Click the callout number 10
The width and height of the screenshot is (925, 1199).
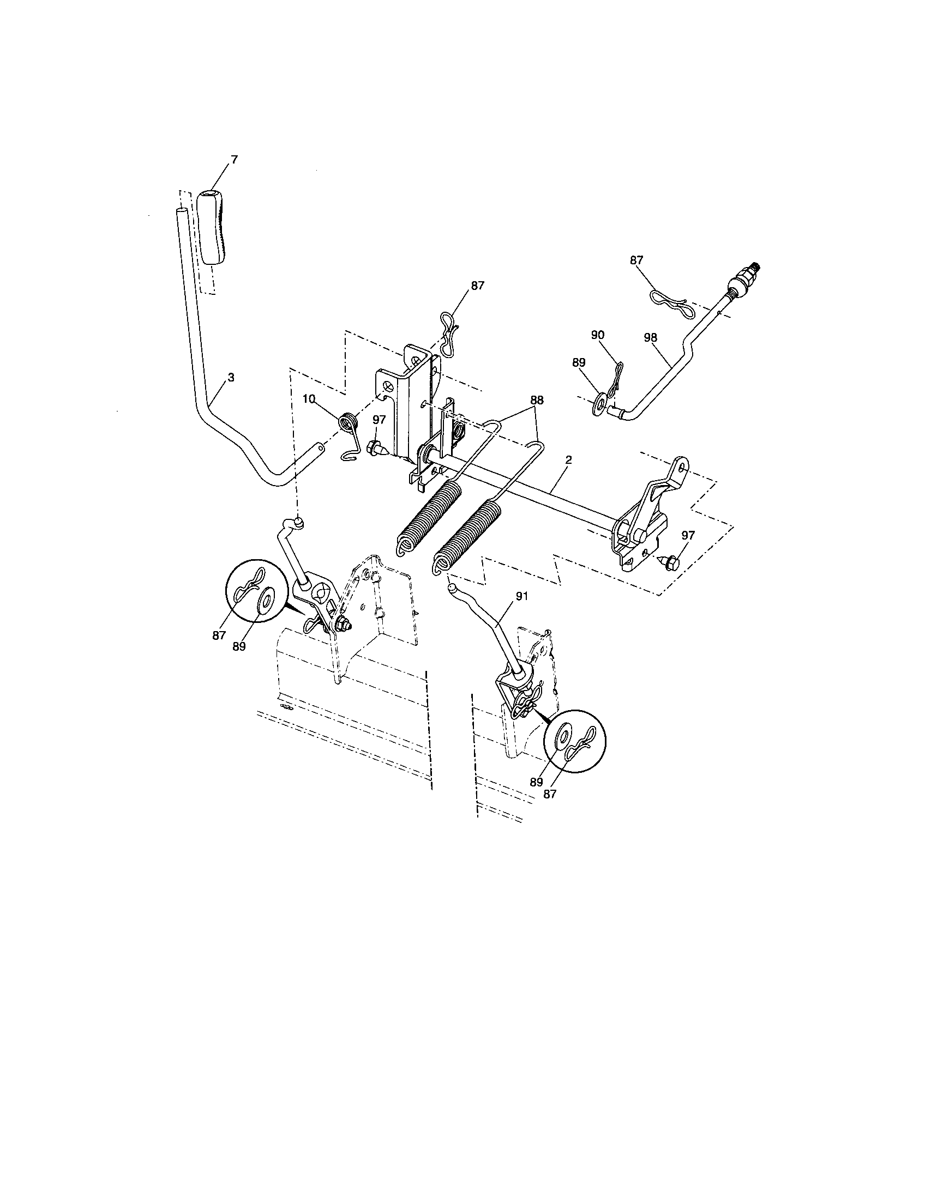tap(309, 399)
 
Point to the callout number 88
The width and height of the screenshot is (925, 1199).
tap(536, 400)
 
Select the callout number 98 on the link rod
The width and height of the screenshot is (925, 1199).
tap(650, 338)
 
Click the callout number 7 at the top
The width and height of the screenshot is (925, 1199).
tap(234, 160)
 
